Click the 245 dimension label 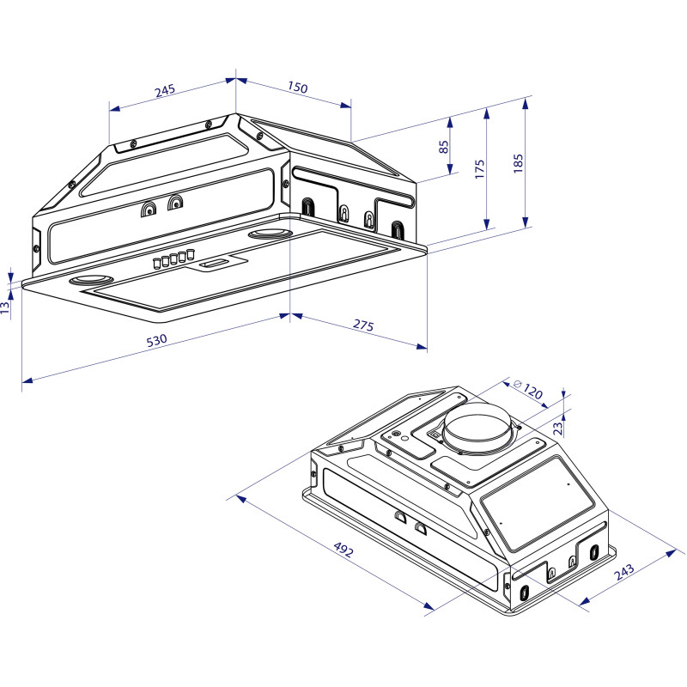(165, 89)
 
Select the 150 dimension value (297, 88)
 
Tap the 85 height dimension (444, 147)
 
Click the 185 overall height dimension (516, 164)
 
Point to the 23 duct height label (556, 424)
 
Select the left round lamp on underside (91, 281)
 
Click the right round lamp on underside (269, 234)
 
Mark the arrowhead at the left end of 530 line (24, 378)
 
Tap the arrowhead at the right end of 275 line (424, 348)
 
